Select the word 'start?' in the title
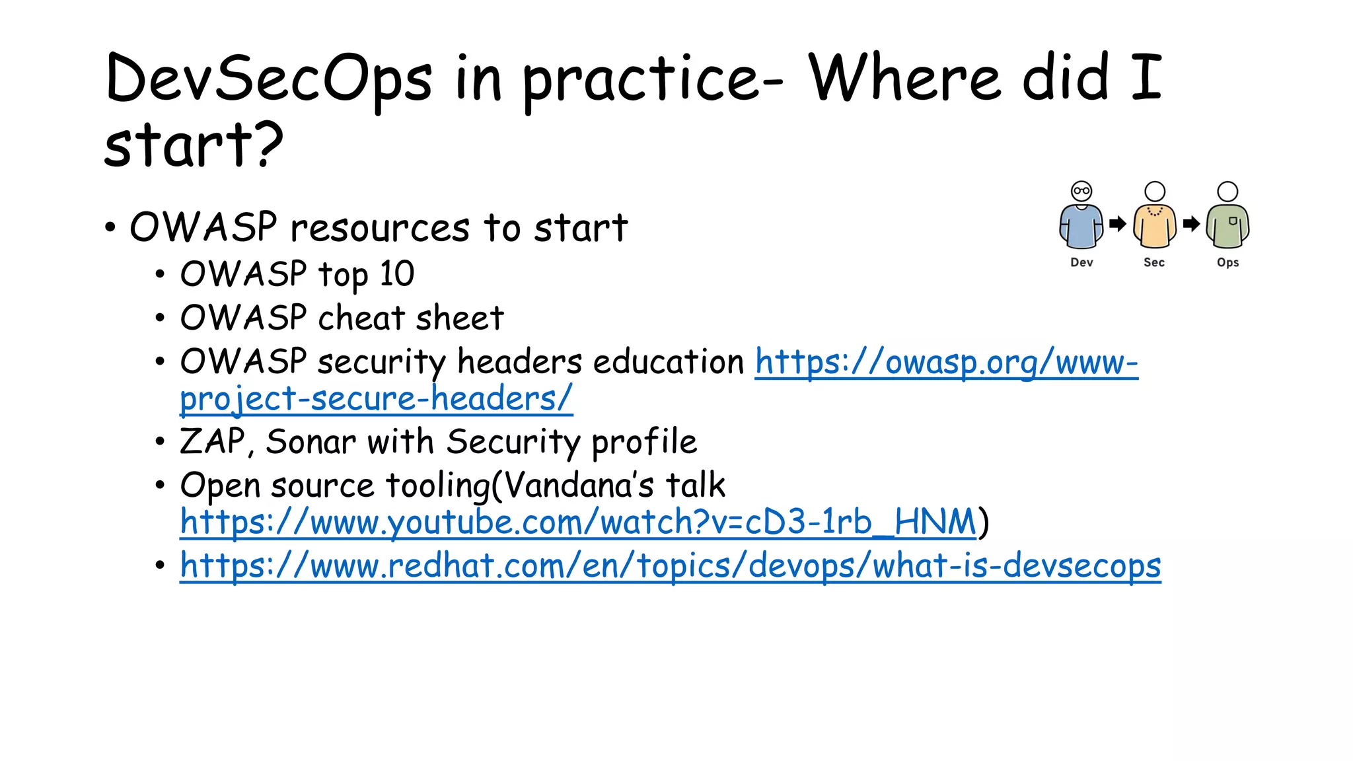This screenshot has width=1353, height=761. click(x=194, y=145)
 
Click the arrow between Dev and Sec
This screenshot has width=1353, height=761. click(x=1118, y=224)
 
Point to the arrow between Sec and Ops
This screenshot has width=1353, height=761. click(x=1191, y=224)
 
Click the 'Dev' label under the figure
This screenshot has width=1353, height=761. click(x=1081, y=262)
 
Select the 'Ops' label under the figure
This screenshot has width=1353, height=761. click(x=1227, y=262)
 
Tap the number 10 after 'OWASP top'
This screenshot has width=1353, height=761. click(x=396, y=273)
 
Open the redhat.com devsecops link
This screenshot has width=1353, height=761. click(x=670, y=566)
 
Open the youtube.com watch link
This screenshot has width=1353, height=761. click(x=578, y=523)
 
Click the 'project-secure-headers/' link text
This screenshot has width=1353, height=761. click(x=376, y=399)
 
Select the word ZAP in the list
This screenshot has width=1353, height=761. click(x=211, y=441)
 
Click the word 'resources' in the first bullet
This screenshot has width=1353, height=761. click(x=380, y=228)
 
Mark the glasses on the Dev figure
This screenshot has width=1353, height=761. click(x=1081, y=191)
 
